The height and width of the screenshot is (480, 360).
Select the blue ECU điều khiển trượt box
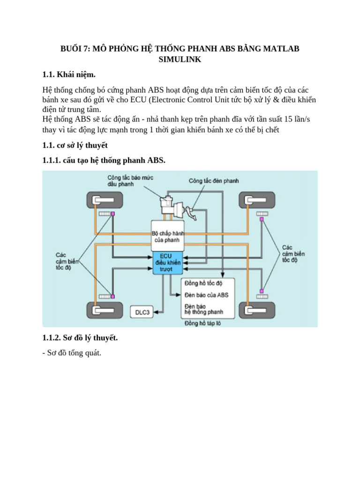pyautogui.click(x=167, y=263)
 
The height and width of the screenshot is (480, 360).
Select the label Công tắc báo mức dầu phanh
pyautogui.click(x=130, y=181)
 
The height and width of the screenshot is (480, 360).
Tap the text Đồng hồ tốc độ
pyautogui.click(x=203, y=284)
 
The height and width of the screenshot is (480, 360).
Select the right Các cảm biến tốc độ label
pyautogui.click(x=293, y=253)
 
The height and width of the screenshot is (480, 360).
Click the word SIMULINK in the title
pyautogui.click(x=180, y=60)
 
